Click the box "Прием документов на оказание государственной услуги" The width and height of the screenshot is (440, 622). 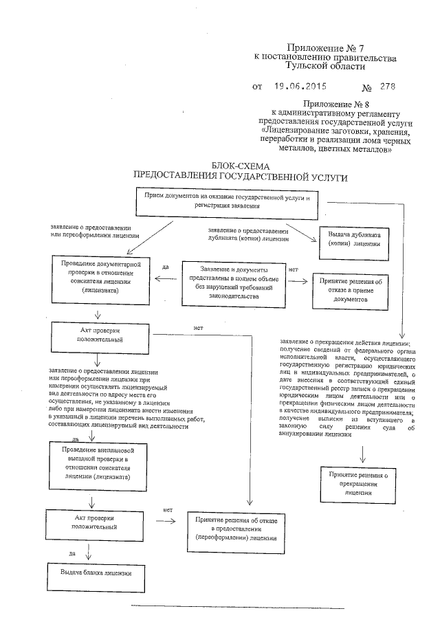(226, 201)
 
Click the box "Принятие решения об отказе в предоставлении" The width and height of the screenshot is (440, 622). (230, 530)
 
